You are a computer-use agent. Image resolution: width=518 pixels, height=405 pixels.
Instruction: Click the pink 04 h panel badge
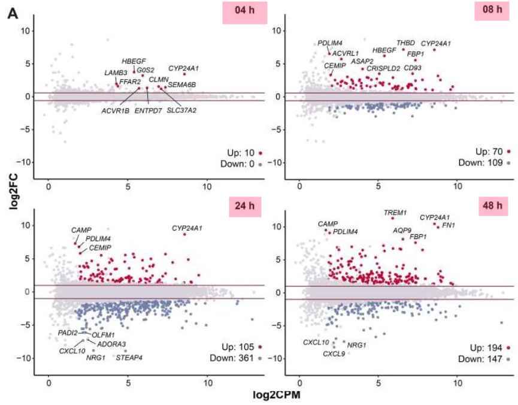tap(243, 13)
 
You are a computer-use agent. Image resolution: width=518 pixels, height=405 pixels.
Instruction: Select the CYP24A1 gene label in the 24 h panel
tap(187, 228)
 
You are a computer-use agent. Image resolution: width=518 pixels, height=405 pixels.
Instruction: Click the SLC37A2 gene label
tap(181, 110)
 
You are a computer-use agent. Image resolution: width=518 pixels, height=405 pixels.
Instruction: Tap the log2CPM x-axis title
tap(269, 395)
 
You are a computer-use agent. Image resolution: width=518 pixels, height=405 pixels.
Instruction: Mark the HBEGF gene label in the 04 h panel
tap(134, 61)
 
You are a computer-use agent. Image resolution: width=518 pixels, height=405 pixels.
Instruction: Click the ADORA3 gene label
tap(113, 344)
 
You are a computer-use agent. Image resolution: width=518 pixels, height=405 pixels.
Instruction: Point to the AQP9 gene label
tap(402, 230)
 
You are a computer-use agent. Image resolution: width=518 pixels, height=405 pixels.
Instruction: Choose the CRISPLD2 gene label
tap(383, 69)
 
